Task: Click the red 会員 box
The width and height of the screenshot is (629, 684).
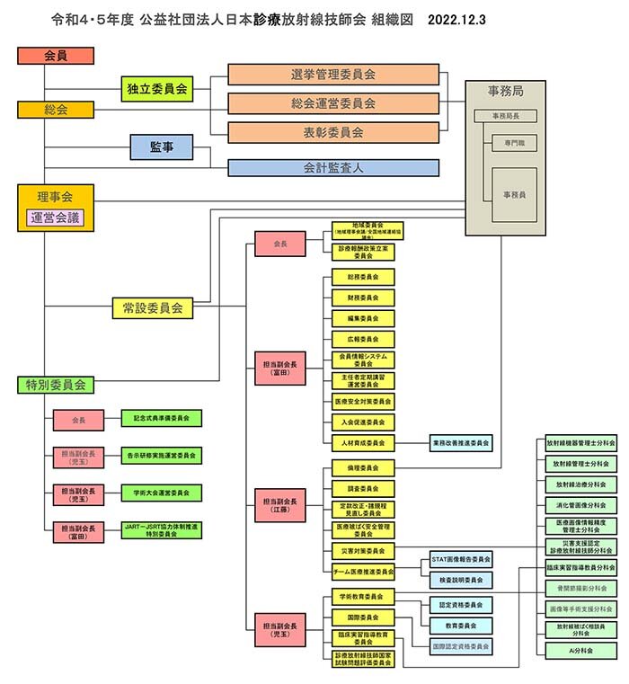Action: tap(55, 56)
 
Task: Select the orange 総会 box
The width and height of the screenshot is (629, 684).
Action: tap(55, 110)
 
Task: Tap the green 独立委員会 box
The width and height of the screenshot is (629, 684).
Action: tap(157, 88)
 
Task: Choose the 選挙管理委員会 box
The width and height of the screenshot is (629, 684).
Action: tap(333, 75)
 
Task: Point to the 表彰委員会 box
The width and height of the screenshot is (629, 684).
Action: tap(333, 132)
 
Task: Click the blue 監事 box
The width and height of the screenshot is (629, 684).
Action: tap(162, 147)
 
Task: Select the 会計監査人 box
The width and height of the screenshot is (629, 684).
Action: tap(333, 168)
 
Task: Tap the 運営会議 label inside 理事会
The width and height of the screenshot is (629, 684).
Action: tap(55, 218)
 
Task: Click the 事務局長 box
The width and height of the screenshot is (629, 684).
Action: tap(505, 116)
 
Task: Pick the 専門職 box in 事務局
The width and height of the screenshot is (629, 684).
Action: tap(514, 143)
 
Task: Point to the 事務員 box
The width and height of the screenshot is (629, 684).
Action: tap(514, 194)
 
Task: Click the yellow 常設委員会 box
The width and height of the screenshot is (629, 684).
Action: tap(153, 308)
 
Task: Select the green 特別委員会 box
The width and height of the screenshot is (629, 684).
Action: tap(55, 385)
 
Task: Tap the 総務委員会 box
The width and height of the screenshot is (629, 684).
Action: tap(363, 277)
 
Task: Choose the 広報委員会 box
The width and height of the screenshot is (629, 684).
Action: tap(363, 340)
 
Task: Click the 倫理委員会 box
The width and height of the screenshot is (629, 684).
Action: tap(363, 467)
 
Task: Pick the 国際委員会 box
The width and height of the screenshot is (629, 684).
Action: tap(363, 617)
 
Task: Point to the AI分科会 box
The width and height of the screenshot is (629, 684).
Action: tap(580, 649)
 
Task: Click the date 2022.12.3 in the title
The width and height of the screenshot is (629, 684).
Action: tap(457, 19)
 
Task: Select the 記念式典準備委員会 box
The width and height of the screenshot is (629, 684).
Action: tap(162, 418)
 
